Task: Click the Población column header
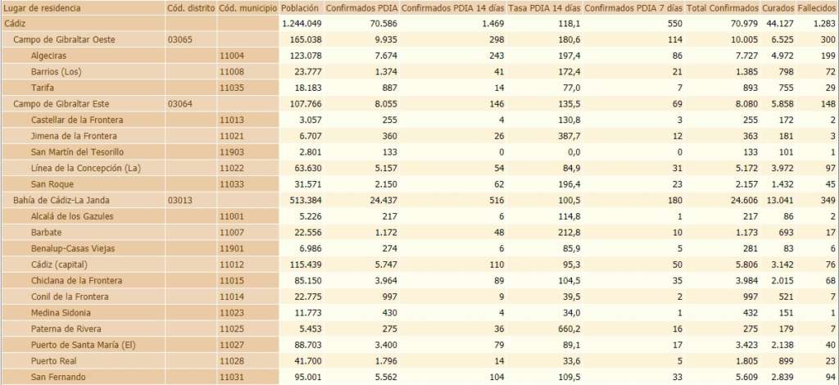300,7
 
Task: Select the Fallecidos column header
817,7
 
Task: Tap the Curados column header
779,7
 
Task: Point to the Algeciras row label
49,55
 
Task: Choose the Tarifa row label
43,88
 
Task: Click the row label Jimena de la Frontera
74,135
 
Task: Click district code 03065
179,39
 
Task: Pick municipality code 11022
233,168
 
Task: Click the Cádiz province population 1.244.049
299,23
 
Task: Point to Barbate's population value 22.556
303,232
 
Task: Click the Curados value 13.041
778,200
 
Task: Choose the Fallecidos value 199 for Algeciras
827,55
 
